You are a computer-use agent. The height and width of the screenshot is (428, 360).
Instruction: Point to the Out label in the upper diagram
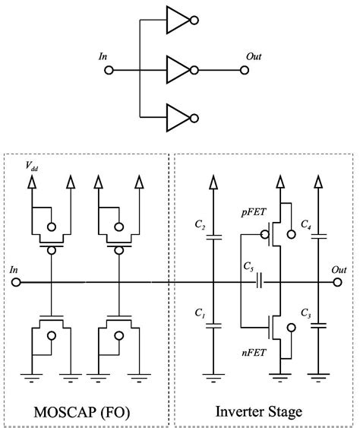click(x=255, y=57)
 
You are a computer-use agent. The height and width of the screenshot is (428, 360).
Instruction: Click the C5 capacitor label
click(x=248, y=268)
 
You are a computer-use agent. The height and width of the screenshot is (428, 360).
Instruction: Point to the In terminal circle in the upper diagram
click(x=108, y=70)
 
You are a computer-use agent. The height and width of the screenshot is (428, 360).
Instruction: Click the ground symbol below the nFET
click(x=281, y=375)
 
